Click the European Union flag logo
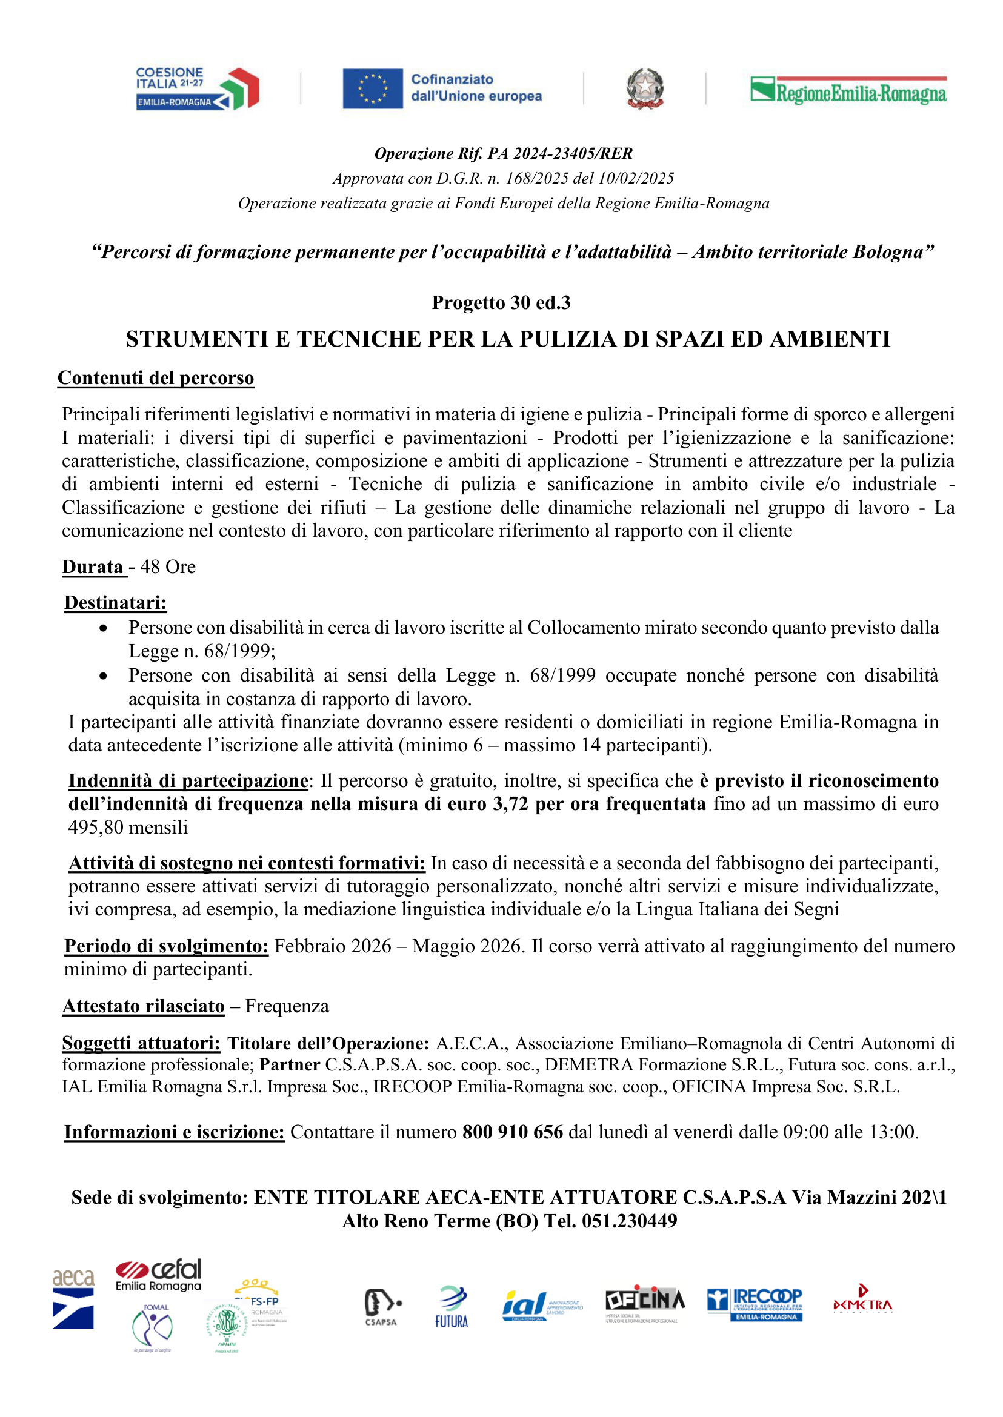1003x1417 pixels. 373,88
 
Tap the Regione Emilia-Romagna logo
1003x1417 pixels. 848,90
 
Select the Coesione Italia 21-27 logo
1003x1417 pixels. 197,88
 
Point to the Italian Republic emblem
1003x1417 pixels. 645,88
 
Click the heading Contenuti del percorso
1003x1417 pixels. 156,378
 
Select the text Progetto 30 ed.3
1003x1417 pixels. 501,302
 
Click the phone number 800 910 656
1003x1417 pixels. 513,1132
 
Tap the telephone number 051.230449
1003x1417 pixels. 629,1221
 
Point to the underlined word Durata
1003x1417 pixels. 93,567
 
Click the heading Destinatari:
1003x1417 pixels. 116,603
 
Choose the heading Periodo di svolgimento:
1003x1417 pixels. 166,946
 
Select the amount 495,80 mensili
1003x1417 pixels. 128,828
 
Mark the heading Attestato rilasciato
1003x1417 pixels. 143,1006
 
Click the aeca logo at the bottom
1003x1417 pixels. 73,1298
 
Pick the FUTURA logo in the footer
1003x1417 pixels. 452,1307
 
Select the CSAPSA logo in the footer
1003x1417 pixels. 381,1307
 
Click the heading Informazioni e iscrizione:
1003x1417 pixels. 174,1132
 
